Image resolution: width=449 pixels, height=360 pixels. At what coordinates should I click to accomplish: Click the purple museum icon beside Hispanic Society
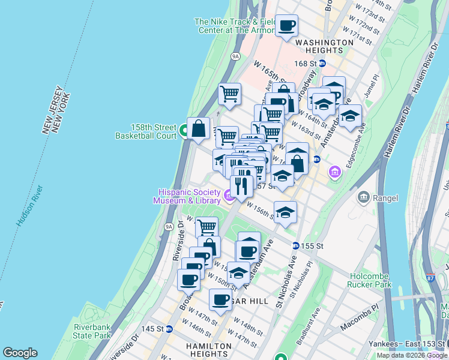pos(229,196)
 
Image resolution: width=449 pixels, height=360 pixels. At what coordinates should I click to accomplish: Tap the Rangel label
pos(385,198)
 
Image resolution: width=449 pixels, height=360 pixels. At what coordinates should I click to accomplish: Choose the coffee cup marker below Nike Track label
pos(287,26)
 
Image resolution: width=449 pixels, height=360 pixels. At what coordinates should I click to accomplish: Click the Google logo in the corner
pos(20,353)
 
